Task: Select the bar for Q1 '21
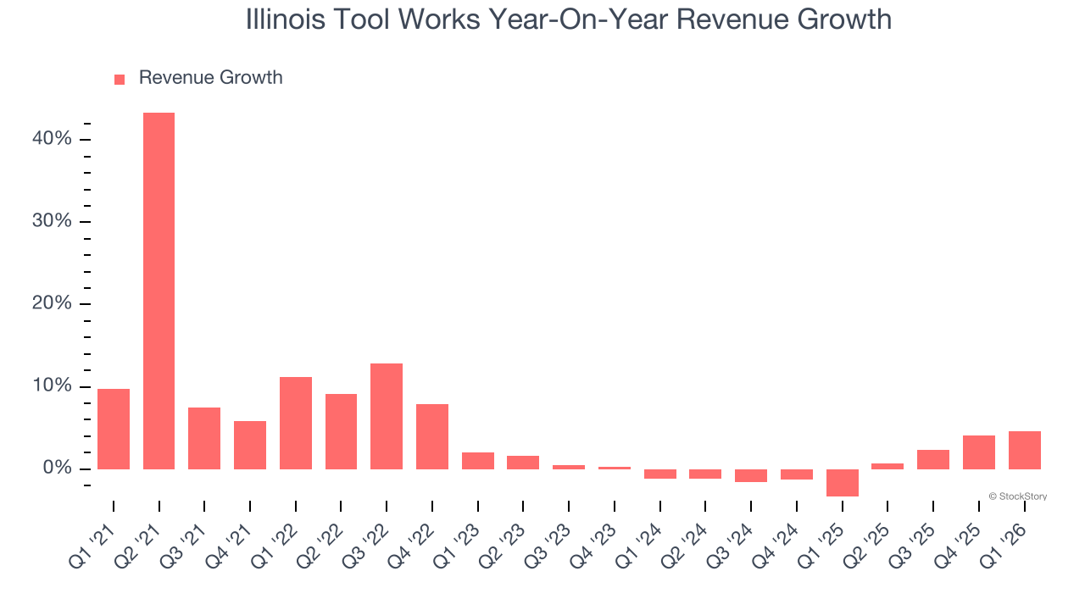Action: tap(114, 429)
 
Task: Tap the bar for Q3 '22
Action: tap(387, 416)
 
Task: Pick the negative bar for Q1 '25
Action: tap(842, 482)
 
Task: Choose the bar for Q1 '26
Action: tap(1024, 450)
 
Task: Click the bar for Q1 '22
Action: tap(296, 423)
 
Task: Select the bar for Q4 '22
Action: tap(432, 436)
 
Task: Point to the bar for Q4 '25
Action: tap(978, 452)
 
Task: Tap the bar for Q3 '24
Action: tap(751, 475)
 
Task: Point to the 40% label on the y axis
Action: tap(52, 138)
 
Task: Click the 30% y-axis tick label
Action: tap(52, 221)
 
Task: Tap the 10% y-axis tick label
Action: tap(52, 385)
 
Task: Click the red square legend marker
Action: tap(120, 79)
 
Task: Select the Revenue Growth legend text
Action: tap(210, 78)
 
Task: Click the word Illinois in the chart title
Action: tap(285, 19)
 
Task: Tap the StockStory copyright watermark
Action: tap(1017, 496)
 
